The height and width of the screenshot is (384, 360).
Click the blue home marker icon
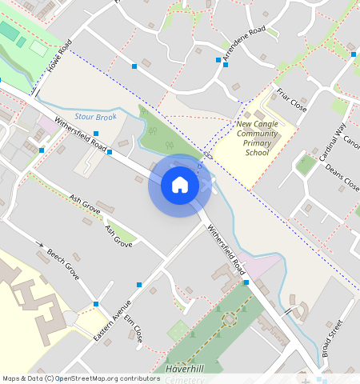[180, 186]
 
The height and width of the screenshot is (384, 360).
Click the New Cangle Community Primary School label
[257, 138]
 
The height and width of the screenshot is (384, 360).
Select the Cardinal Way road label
[333, 142]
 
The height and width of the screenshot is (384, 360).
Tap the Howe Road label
[59, 57]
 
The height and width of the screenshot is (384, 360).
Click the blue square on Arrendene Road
[218, 60]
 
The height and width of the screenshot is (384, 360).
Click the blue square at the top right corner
[353, 54]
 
